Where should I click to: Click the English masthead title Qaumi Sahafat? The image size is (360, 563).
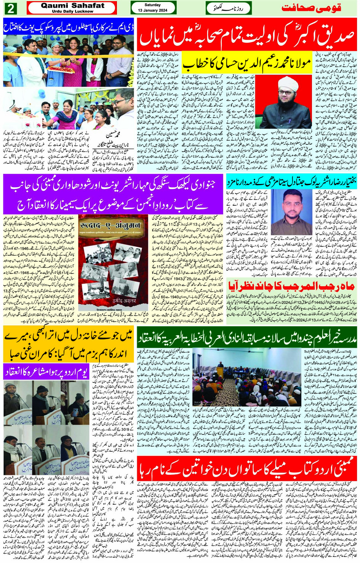pos(72,5)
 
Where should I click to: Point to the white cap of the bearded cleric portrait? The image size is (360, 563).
pos(286,82)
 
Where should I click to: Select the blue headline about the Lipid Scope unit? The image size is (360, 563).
pos(69,28)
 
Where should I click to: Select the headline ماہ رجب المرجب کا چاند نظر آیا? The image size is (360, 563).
pos(292,285)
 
